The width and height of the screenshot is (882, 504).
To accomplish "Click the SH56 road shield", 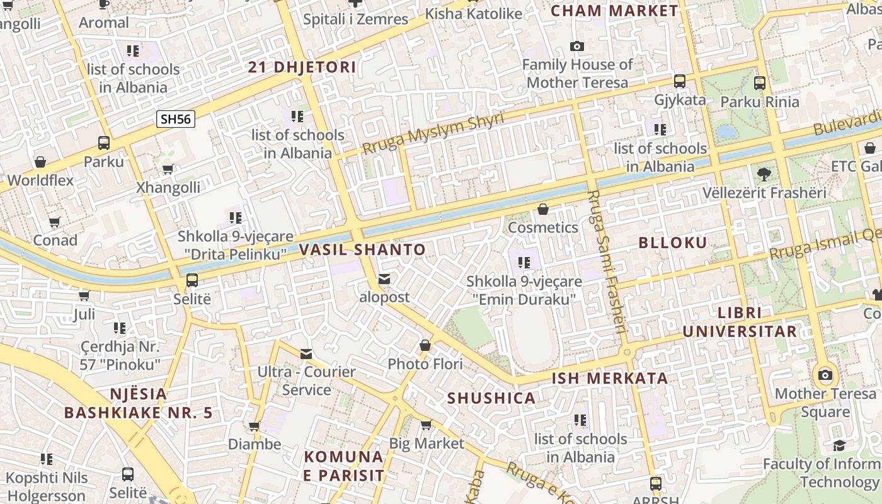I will point(176,119).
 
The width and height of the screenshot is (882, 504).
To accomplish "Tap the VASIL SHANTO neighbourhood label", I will point(362,249).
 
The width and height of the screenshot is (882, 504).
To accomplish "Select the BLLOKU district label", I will point(673,243).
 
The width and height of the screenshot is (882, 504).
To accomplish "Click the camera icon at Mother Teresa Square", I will point(825,375).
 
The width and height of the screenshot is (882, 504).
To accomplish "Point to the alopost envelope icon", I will point(384,279).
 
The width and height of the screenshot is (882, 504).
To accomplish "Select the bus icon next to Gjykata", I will point(680,81).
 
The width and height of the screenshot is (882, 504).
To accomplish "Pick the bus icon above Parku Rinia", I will point(760,83).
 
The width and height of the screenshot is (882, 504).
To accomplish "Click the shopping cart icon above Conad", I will point(55,222).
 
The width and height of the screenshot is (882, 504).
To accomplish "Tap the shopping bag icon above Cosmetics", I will point(543,209).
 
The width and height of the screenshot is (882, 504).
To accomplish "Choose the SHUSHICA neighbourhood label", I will point(491,398).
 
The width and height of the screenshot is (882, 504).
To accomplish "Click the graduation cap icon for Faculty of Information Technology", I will point(839,446).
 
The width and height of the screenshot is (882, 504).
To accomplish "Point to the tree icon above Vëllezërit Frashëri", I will point(764,174).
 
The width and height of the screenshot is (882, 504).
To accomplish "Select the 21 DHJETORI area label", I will point(302,67).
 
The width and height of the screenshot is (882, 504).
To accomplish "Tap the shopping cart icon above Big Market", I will point(426,425).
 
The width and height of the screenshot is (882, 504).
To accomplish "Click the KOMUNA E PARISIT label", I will point(343,466).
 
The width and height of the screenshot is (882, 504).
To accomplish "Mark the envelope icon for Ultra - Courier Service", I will point(306,354).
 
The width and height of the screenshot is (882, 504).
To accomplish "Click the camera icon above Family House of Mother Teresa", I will point(576,46).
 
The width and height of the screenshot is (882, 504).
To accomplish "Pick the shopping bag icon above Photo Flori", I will point(425,346).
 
